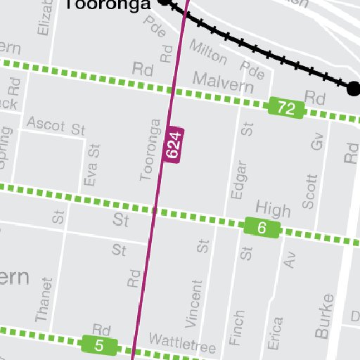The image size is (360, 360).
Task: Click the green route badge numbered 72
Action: pos(286,108)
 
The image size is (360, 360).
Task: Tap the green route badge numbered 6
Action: pos(262,228)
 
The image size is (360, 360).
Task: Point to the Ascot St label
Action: pos(56,128)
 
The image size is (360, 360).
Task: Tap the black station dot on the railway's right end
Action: pos(354,88)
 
